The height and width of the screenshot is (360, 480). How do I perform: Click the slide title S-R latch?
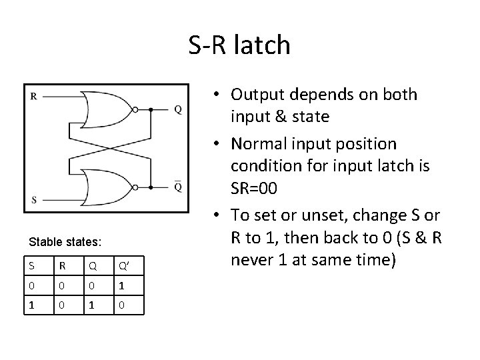(239, 45)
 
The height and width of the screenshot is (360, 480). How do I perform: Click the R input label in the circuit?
(34, 96)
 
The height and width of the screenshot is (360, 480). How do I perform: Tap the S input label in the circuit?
(34, 199)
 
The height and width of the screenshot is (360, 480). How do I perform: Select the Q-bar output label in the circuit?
(177, 187)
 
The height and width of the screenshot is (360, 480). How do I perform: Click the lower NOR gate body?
(107, 186)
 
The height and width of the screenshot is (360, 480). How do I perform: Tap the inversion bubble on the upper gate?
(135, 109)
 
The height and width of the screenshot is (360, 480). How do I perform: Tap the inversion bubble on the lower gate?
(135, 186)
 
